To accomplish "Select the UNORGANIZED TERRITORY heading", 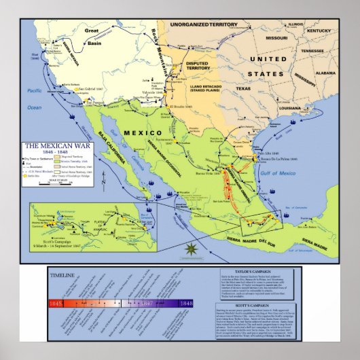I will (x=204, y=25).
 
